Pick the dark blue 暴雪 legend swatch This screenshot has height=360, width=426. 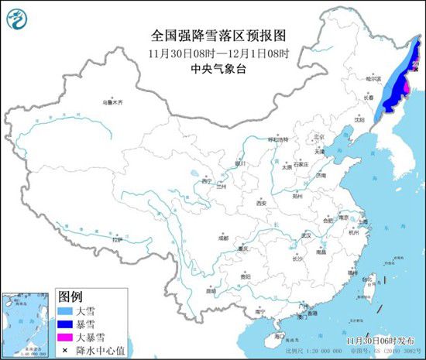point(67,324)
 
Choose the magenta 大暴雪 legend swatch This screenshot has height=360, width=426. point(67,338)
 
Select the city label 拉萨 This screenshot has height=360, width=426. point(117,240)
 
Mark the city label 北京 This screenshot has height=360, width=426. point(317,138)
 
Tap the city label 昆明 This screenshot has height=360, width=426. point(211,290)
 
